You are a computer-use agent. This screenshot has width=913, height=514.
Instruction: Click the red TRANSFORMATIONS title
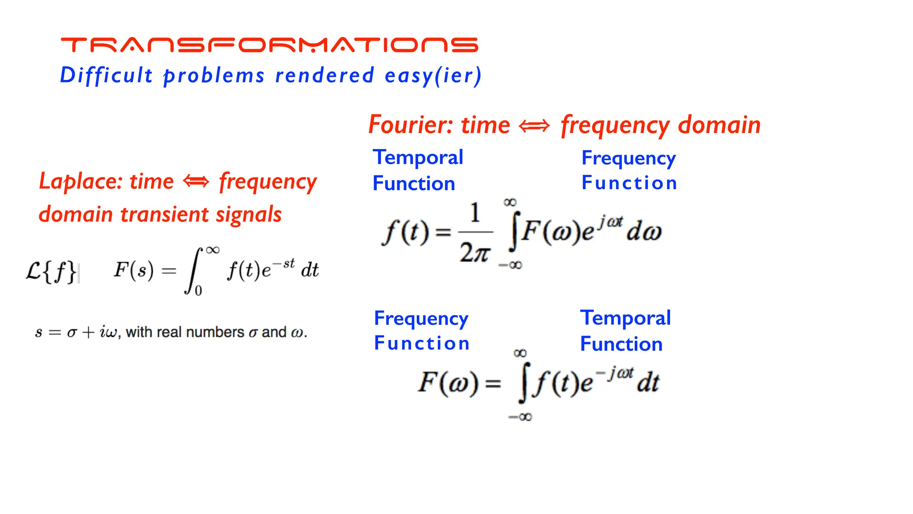(269, 45)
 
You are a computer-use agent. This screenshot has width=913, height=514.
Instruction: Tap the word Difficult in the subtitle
(106, 75)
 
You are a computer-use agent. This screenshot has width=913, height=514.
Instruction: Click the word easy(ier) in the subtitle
(433, 75)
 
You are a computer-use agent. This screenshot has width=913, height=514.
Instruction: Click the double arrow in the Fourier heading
(534, 126)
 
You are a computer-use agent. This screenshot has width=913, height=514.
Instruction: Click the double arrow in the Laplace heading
(196, 182)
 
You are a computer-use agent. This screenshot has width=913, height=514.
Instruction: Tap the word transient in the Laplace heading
(165, 215)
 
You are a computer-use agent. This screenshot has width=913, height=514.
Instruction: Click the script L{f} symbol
(51, 271)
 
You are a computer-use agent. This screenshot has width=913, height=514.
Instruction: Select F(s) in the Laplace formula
(133, 270)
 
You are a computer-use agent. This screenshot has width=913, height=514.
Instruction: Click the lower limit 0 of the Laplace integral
(198, 291)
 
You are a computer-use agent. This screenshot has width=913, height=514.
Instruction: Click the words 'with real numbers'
(185, 332)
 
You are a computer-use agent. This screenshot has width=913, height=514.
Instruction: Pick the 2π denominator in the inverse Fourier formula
(475, 253)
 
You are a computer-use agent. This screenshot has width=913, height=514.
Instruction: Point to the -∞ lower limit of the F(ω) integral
(520, 417)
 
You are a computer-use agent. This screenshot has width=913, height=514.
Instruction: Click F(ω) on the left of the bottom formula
(448, 383)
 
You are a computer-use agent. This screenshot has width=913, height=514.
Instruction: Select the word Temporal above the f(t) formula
(418, 158)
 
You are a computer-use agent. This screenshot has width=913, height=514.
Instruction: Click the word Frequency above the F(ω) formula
(421, 318)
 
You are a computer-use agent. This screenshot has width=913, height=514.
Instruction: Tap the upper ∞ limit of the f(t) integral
(510, 203)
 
